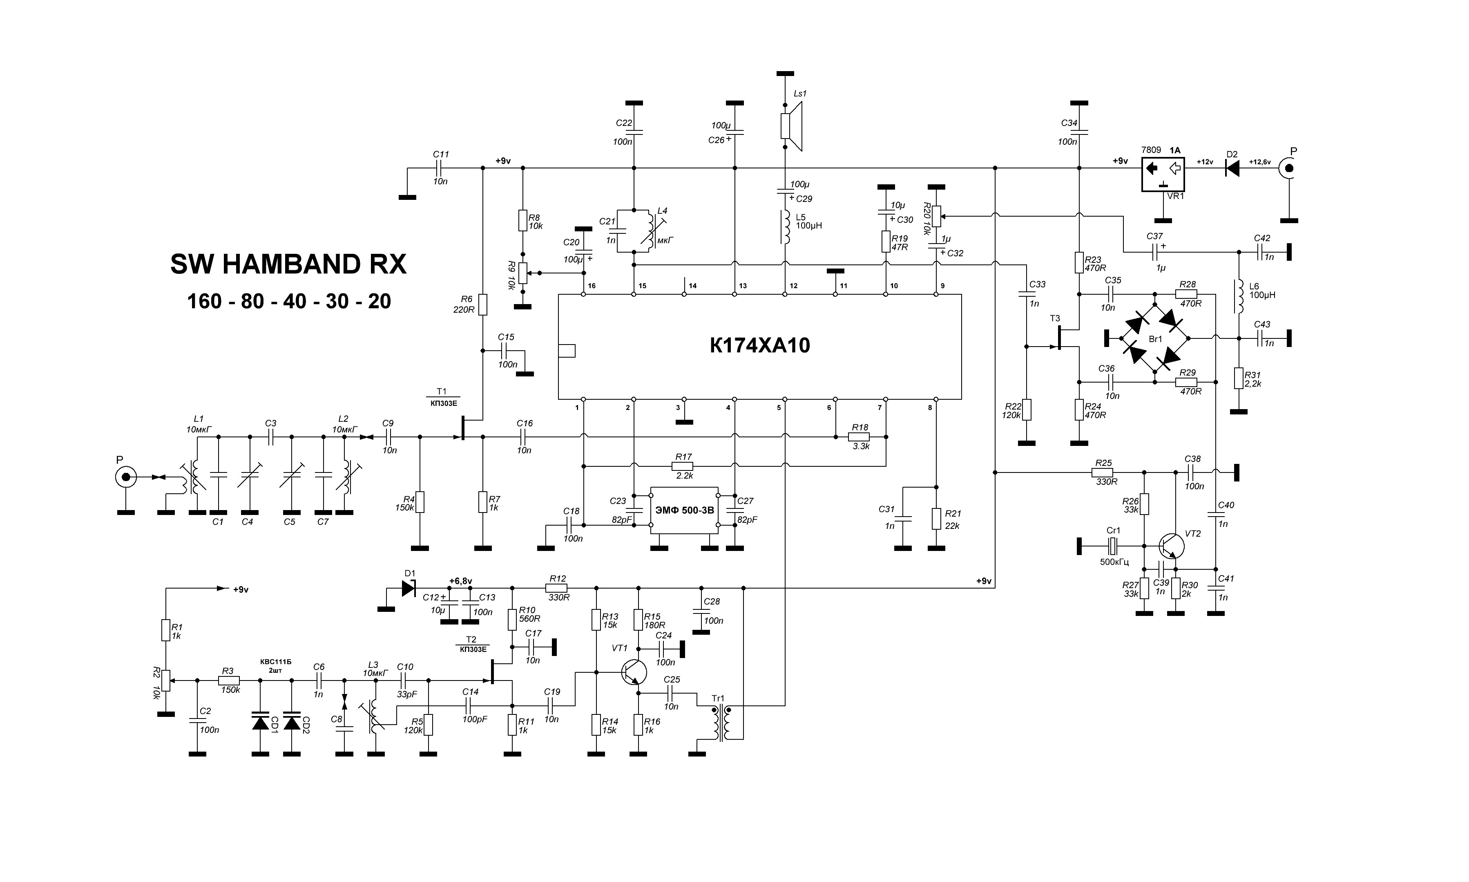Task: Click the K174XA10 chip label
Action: point(760,345)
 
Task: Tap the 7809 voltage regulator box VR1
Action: point(1163,174)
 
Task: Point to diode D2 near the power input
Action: point(1232,168)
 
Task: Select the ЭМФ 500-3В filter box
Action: point(684,510)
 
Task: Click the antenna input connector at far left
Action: point(126,477)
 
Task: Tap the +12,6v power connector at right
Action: point(1289,168)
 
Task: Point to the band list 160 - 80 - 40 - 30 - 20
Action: point(289,301)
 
